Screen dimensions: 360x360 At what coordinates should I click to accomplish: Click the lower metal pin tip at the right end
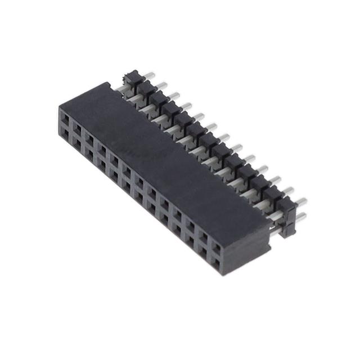tap(303, 216)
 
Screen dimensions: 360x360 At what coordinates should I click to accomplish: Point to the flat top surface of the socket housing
tap(169, 152)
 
